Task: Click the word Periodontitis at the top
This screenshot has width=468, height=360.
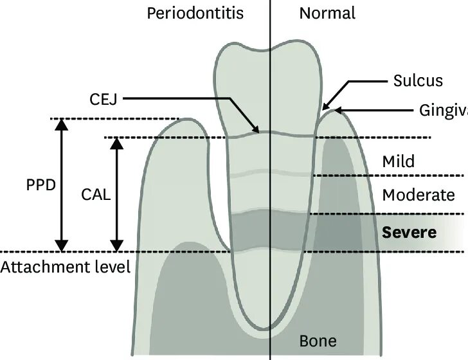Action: coord(195,13)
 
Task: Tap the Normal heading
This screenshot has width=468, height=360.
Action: coord(327,13)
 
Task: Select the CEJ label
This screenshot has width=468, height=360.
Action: coord(102,98)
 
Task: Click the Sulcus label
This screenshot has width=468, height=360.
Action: coord(418,80)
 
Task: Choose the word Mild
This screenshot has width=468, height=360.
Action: coord(398,161)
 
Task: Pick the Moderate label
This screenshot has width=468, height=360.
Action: coord(418,195)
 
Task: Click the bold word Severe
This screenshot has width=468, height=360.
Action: coord(409,231)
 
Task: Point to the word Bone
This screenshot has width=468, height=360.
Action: coord(318,339)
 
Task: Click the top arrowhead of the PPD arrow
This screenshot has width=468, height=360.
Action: coord(62,124)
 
